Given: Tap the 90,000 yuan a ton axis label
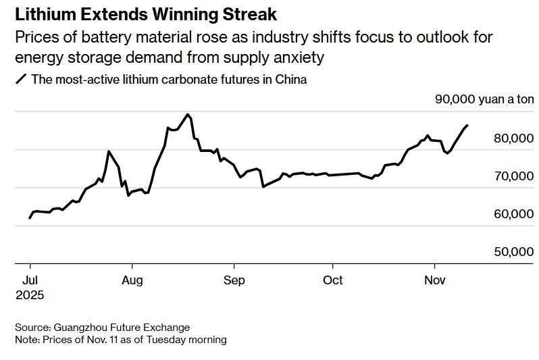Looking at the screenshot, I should pyautogui.click(x=484, y=100).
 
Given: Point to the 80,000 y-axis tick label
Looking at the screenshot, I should pyautogui.click(x=513, y=138).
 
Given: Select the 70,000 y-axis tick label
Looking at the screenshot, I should pyautogui.click(x=513, y=176).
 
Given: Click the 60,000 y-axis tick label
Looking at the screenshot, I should pyautogui.click(x=513, y=214).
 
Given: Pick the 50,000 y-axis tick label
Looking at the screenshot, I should pyautogui.click(x=513, y=252).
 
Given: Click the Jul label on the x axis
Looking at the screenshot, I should pyautogui.click(x=30, y=280).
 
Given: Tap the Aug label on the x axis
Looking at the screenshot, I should pyautogui.click(x=132, y=280).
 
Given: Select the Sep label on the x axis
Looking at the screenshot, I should pyautogui.click(x=234, y=280).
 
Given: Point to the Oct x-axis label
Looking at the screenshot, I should pyautogui.click(x=333, y=280).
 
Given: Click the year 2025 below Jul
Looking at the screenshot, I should pyautogui.click(x=30, y=294).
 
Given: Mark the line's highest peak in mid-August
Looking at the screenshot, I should pyautogui.click(x=187, y=114).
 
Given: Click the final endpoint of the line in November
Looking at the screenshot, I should pyautogui.click(x=467, y=125).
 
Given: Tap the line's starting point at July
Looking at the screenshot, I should pyautogui.click(x=30, y=218).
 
